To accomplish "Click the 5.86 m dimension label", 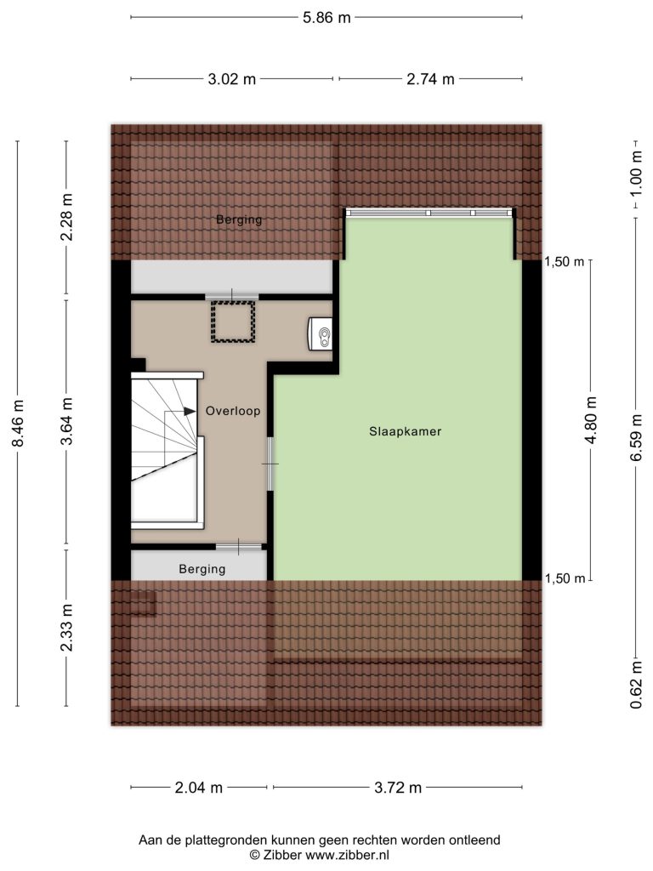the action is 326,18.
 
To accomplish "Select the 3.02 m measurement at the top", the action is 231,79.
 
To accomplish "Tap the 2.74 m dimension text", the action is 430,79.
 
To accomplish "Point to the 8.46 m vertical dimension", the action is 19,424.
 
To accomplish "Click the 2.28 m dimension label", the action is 67,217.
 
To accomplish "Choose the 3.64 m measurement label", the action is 67,422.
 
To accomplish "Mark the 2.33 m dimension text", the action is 67,628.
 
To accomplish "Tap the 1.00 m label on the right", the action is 636,174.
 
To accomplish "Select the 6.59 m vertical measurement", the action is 636,437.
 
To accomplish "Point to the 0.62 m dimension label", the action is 636,686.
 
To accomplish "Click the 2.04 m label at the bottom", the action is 199,788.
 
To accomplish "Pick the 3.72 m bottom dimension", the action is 398,788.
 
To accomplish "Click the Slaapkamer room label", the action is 406,431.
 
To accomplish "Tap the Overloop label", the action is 233,411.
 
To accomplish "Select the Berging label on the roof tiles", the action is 239,219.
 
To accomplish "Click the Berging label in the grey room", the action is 202,569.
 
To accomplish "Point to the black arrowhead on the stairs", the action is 190,411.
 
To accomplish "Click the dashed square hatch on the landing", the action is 232,322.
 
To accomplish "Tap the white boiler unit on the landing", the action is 321,333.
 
